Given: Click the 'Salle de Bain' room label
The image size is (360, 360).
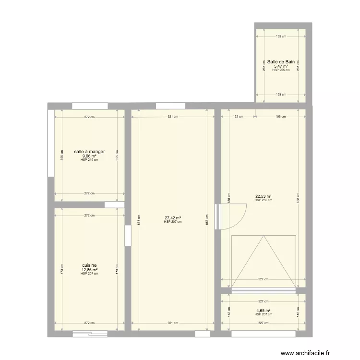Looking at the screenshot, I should [281, 62].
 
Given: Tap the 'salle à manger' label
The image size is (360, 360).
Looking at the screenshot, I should [89, 152].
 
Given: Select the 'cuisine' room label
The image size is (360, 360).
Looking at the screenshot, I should [89, 265].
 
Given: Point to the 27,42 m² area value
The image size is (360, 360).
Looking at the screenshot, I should [173, 217].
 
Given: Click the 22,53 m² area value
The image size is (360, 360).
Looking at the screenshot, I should [264, 196].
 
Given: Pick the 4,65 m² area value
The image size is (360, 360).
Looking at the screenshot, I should [263, 311].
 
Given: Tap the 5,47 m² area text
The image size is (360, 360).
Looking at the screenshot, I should [281, 66].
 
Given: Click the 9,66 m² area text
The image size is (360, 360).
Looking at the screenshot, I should [89, 156].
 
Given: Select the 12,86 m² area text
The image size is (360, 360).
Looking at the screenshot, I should [89, 270].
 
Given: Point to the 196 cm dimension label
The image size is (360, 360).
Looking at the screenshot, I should [280, 116].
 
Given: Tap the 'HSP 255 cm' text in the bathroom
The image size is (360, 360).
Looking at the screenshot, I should [281, 70].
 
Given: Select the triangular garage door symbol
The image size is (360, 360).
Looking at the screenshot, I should [263, 262].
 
